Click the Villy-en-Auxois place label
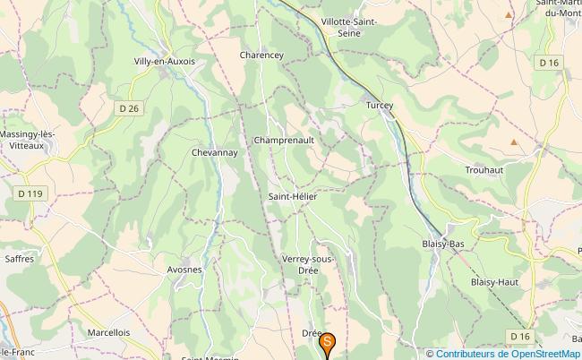pos(164,61)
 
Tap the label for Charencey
pos(261,55)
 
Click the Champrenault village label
pos(283,141)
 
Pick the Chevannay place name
pos(214,153)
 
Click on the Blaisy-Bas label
pos(442,243)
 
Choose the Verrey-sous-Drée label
pos(308,264)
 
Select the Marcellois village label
pos(109,331)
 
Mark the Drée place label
pos(312,333)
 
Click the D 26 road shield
pos(130,108)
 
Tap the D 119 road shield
pos(30,193)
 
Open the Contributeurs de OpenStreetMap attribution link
pos(508,353)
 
